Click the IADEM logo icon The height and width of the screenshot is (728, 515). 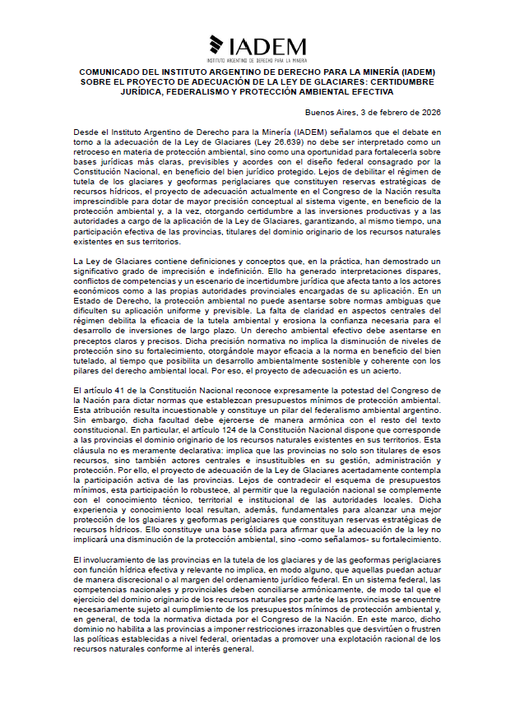click(x=217, y=45)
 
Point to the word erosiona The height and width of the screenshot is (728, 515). click(x=253, y=320)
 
